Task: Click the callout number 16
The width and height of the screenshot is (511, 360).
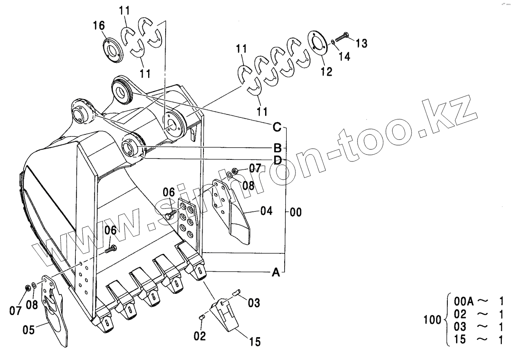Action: [x=99, y=26]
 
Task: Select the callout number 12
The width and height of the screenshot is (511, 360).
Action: [x=327, y=72]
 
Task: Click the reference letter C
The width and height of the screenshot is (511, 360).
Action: [x=277, y=126]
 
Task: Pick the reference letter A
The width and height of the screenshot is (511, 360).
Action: [x=275, y=273]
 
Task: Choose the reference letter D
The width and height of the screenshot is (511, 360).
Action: [x=278, y=160]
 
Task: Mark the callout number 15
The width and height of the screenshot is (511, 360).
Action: [x=255, y=342]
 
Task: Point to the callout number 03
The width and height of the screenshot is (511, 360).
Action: [x=254, y=303]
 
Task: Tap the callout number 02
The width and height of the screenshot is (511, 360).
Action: [x=200, y=336]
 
